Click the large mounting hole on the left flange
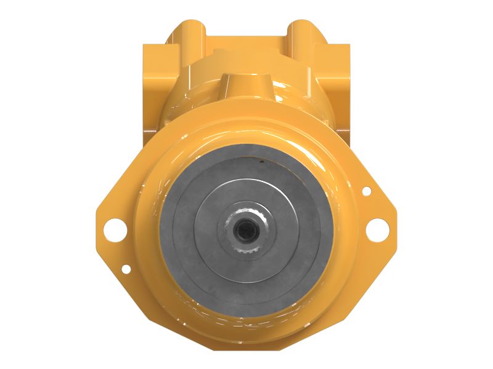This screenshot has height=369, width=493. tap(115, 229)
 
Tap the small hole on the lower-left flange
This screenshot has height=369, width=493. tap(126, 269)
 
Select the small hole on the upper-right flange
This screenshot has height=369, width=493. tap(367, 191)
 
